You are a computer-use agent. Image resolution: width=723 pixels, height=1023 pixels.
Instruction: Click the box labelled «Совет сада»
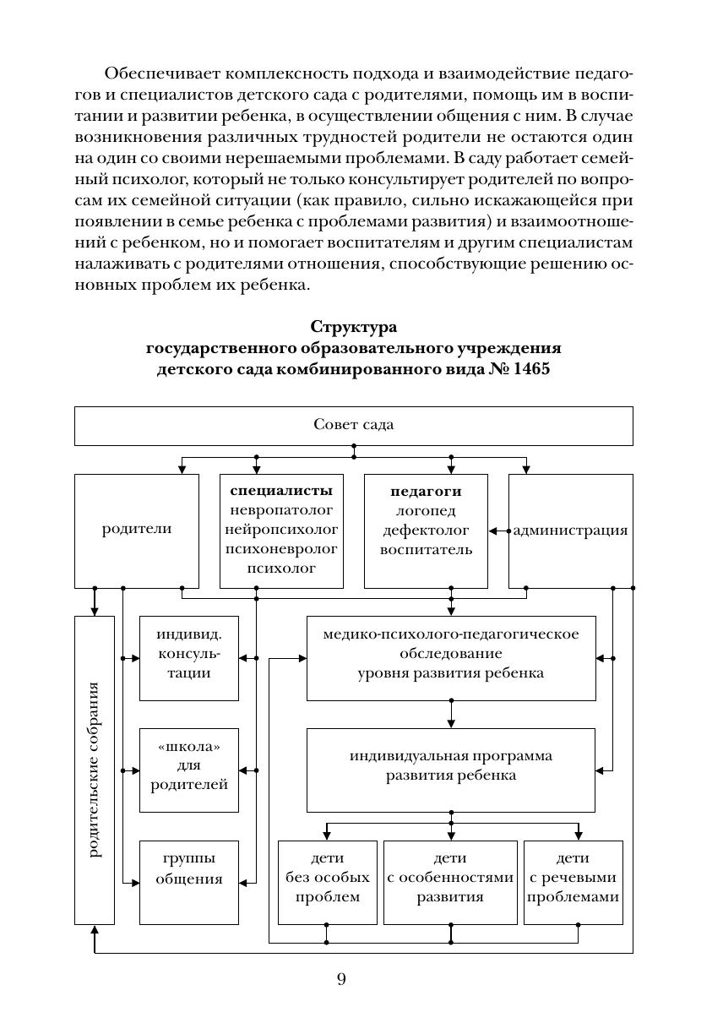[x=353, y=425]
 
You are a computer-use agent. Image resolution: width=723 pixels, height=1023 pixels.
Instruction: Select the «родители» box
[x=137, y=530]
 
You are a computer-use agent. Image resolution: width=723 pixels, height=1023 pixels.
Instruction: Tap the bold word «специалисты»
[x=281, y=491]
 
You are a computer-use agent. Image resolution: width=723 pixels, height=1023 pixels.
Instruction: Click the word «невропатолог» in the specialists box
[x=281, y=510]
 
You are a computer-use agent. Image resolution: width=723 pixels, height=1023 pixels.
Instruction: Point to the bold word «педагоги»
[x=426, y=491]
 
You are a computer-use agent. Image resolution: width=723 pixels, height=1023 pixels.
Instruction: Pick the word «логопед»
[x=426, y=510]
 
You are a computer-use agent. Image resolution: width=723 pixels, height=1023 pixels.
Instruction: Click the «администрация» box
[x=571, y=531]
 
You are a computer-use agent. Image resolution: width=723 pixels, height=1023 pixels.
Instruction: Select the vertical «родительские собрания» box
[x=94, y=770]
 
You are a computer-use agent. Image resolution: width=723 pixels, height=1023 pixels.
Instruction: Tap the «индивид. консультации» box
[x=188, y=658]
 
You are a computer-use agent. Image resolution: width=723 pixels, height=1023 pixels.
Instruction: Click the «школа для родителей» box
[x=188, y=770]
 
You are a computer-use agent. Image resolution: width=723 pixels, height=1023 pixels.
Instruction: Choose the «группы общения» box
[x=188, y=881]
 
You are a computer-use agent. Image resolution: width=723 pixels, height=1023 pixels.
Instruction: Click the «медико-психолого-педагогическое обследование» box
[x=450, y=658]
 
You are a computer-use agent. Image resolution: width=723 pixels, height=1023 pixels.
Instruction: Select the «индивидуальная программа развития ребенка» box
[x=450, y=765]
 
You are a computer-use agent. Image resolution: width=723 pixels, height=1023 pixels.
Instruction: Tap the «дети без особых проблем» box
[x=327, y=881]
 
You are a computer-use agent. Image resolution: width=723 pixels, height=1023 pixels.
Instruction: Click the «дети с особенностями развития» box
[x=450, y=881]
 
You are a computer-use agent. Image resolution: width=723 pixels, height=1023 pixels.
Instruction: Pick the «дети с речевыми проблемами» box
[x=574, y=881]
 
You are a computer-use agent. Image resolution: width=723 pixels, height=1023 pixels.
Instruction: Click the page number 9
[x=341, y=980]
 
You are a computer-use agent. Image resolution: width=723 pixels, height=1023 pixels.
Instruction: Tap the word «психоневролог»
[x=281, y=549]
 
